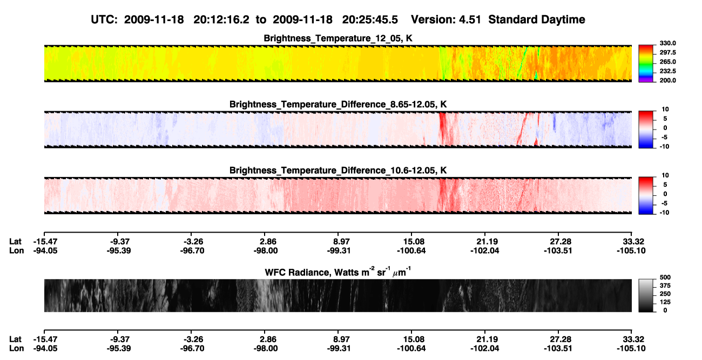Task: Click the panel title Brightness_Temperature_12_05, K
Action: (x=337, y=38)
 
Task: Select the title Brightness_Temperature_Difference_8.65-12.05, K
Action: (x=337, y=104)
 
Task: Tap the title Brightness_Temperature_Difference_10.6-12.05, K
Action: (x=337, y=171)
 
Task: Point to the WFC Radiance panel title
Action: (x=337, y=271)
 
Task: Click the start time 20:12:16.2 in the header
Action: (x=221, y=20)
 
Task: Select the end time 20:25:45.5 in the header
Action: (x=370, y=20)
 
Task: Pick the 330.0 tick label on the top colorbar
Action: (x=667, y=43)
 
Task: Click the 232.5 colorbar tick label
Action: (x=667, y=71)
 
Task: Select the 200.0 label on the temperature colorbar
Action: (x=667, y=80)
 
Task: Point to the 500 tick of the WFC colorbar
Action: (x=665, y=277)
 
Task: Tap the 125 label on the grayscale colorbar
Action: (x=665, y=302)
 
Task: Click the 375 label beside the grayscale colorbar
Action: (x=665, y=286)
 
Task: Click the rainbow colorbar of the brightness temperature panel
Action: (x=646, y=64)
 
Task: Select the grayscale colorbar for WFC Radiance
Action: (x=646, y=295)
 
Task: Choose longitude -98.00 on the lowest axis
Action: (x=266, y=349)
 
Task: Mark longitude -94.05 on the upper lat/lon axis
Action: (x=45, y=250)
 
